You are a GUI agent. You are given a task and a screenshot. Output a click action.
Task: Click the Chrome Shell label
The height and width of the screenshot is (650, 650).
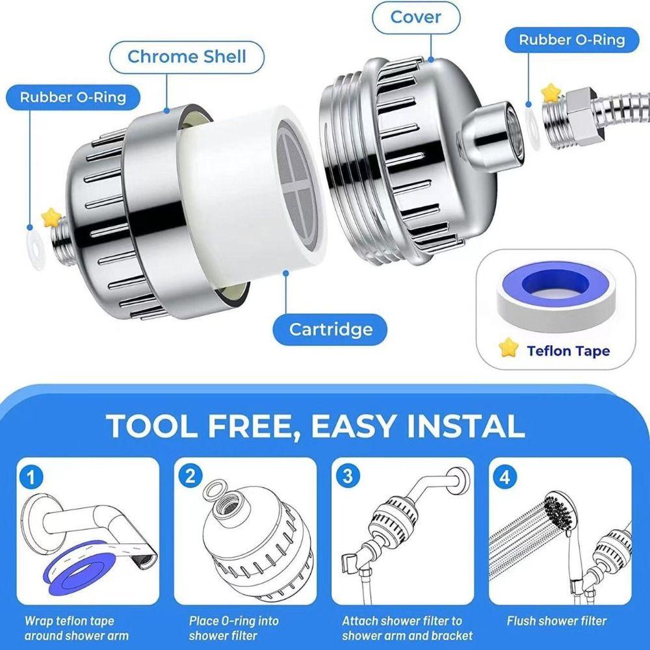click(x=187, y=57)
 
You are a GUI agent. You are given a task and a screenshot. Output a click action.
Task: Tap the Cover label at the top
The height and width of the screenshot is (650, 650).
click(x=416, y=17)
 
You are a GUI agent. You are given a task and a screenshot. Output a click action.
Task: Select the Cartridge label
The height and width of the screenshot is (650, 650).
click(x=331, y=329)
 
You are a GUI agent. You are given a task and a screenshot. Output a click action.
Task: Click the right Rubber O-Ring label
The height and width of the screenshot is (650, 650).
click(x=571, y=40)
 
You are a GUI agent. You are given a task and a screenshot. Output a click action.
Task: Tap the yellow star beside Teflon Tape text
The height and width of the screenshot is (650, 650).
click(x=509, y=349)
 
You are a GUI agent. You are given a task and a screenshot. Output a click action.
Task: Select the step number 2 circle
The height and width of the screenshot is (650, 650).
click(x=190, y=476)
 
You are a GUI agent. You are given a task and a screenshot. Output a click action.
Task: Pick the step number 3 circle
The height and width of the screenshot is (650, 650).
click(x=347, y=476)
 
